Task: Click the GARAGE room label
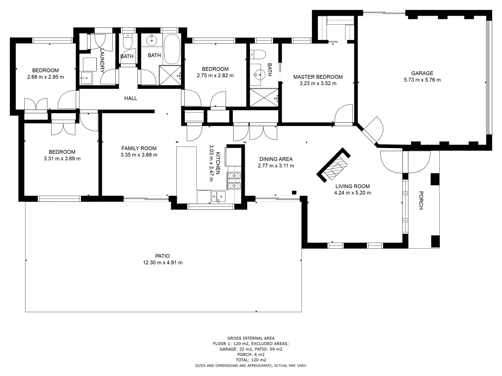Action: (x=422, y=73)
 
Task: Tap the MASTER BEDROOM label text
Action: (x=318, y=77)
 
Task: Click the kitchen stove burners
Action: (x=234, y=181)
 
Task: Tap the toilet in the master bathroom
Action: (x=258, y=54)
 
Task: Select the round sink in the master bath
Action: (x=259, y=73)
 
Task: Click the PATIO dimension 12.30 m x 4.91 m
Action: (x=162, y=263)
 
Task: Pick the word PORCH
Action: (x=420, y=200)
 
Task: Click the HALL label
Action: (x=131, y=98)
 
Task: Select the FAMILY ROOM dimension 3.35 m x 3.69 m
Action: (x=139, y=155)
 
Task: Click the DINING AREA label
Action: (x=275, y=159)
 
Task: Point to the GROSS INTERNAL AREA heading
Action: (x=251, y=338)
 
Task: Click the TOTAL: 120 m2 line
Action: (x=251, y=360)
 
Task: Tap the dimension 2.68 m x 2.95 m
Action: (x=45, y=77)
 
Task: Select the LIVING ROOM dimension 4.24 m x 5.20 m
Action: (x=352, y=193)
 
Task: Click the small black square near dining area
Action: (x=294, y=193)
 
